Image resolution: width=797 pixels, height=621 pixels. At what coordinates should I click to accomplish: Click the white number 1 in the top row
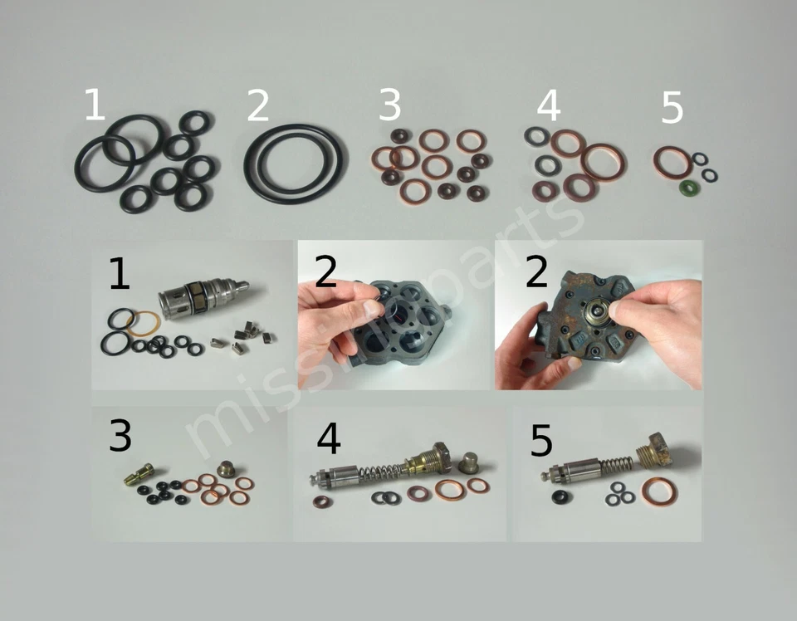tap(95, 105)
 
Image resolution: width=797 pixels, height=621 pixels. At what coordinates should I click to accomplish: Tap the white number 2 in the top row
tap(258, 106)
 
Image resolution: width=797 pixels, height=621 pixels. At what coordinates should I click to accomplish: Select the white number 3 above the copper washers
tap(389, 105)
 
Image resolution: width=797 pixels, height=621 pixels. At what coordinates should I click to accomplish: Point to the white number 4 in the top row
tap(550, 106)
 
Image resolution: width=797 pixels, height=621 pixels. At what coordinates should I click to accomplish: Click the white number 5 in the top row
tap(672, 108)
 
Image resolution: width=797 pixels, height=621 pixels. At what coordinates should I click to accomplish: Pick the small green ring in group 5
tap(689, 189)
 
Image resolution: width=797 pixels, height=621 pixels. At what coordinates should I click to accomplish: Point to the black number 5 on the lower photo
tap(540, 442)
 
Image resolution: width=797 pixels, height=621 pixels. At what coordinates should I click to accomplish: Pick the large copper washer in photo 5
tap(658, 490)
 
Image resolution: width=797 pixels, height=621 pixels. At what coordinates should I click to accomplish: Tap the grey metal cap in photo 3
tap(226, 469)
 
